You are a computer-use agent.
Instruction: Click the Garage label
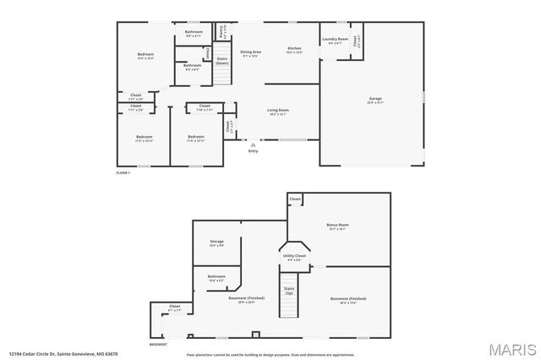[374, 99]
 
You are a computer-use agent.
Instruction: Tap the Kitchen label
[294, 49]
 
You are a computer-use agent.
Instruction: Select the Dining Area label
[251, 52]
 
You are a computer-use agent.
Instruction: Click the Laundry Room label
[336, 39]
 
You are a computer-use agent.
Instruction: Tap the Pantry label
[221, 30]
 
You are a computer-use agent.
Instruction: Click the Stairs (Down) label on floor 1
[221, 61]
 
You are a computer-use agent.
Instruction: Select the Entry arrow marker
[253, 145]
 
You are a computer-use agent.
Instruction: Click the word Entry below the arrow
[253, 152]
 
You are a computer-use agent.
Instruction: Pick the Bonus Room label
[338, 225]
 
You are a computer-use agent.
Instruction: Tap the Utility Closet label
[293, 255]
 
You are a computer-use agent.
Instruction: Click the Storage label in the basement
[217, 242]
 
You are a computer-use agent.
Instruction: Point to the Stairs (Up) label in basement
[289, 290]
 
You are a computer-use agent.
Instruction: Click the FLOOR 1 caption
[123, 173]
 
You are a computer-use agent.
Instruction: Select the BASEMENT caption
[158, 345]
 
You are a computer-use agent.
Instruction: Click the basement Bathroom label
[216, 276]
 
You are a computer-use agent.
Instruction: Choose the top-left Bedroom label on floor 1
[145, 56]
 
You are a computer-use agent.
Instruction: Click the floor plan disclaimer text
[270, 354]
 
